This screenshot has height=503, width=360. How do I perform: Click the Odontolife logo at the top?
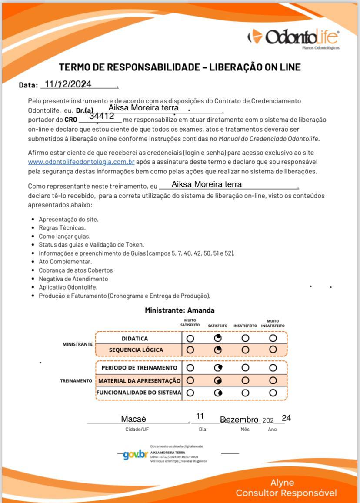293,37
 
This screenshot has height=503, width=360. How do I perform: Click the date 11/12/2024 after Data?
68,84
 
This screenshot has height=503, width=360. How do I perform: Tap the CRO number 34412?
102,116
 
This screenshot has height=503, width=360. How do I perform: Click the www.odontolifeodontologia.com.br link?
81,162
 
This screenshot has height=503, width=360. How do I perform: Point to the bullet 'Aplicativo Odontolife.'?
68,287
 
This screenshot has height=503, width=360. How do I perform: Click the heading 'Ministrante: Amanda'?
180,310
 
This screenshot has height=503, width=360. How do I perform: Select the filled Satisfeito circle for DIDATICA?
218,338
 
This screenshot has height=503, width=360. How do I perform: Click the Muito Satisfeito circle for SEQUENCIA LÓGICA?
190,350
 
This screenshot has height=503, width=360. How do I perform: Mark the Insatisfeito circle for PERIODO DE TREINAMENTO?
245,368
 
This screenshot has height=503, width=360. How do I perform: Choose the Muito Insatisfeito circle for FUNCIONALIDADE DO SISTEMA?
273,393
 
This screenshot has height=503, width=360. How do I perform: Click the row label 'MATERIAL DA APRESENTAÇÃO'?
139,380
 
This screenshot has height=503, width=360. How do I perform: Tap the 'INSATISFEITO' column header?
245,326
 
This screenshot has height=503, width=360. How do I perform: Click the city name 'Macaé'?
133,419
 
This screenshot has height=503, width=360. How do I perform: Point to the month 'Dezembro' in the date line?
240,420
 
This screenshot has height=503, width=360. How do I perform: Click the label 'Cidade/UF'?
134,429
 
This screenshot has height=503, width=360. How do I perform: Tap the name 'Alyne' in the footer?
282,483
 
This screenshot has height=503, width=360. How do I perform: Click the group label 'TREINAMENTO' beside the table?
76,380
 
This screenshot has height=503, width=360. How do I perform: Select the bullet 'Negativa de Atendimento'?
73,279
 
